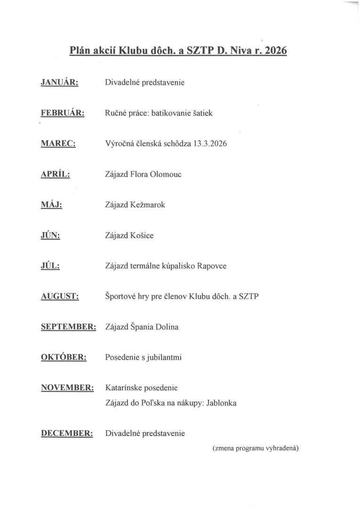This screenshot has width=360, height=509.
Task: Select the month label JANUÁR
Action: pos(60,82)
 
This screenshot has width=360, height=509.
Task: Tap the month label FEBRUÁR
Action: pos(63,113)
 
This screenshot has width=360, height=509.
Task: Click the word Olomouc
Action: pos(165,174)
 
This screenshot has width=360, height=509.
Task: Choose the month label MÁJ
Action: pos(52,205)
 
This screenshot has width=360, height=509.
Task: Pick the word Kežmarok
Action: pos(147,205)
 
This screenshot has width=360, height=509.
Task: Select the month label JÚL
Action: pos(50,266)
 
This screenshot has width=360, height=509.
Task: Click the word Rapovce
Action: pos(212,266)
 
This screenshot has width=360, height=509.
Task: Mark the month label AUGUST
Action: pos(60,297)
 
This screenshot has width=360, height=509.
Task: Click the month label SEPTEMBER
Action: pos(69,327)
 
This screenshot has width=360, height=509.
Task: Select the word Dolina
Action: pos(167,327)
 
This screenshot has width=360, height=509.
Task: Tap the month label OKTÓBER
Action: pos(64,357)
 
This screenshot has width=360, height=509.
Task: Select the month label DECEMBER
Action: pos(67,433)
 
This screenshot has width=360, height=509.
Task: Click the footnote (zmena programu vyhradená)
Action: pos(256,448)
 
